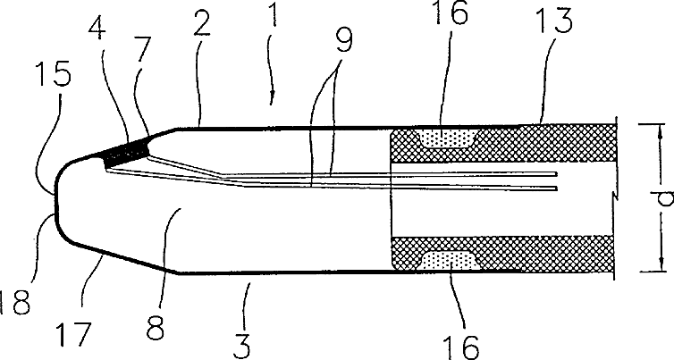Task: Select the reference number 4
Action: point(101,43)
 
